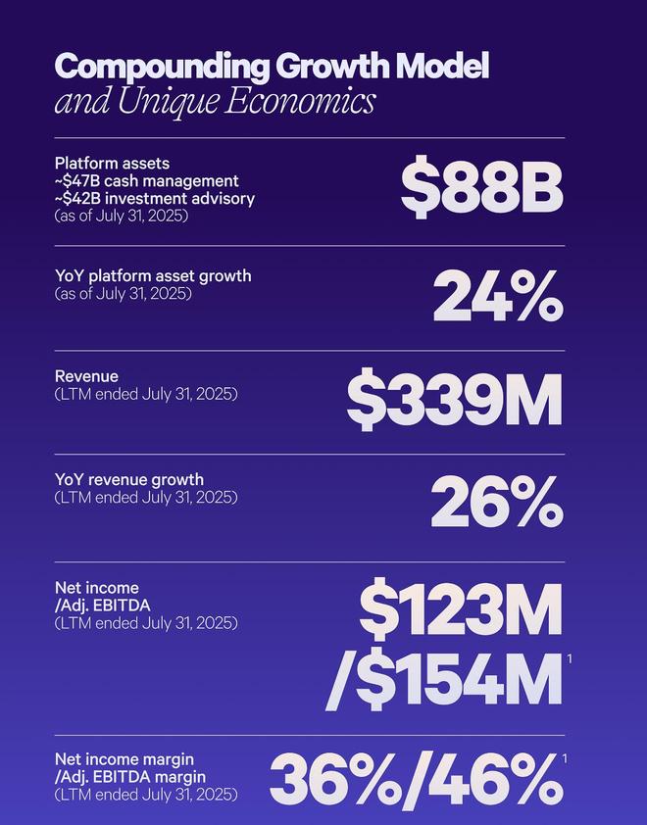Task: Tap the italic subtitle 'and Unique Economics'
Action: (214, 102)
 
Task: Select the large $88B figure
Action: (481, 189)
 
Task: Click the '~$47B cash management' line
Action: (147, 181)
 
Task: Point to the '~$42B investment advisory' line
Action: (155, 199)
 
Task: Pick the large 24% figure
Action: (498, 295)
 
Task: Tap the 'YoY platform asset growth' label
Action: (153, 276)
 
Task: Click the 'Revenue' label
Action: (86, 376)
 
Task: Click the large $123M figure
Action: (460, 609)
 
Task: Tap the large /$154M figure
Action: (443, 681)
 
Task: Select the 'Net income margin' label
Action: (124, 759)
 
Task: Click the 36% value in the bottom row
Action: (332, 779)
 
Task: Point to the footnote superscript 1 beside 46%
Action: (567, 758)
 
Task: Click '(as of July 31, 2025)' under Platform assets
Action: (122, 216)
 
